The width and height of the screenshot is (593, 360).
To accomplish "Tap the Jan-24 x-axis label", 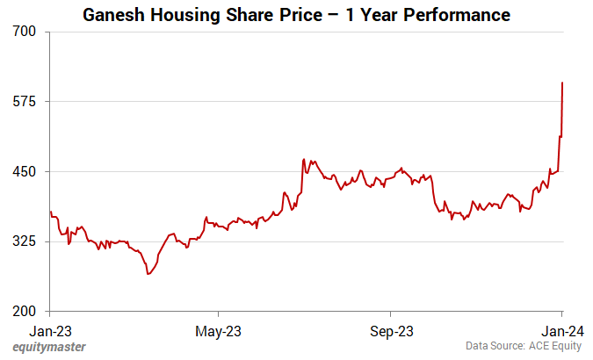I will pos(562,331).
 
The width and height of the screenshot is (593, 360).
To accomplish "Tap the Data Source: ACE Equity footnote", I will pos(523,348).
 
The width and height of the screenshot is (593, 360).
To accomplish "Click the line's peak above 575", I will pos(562,83).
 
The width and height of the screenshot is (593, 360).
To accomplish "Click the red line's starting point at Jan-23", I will pos(50,212).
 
